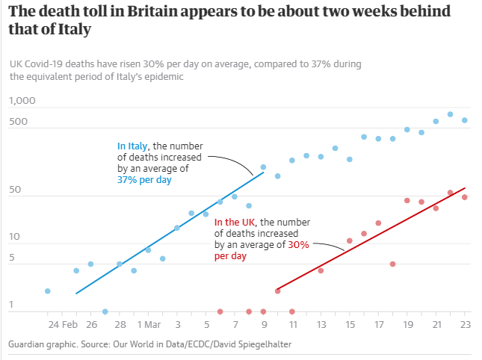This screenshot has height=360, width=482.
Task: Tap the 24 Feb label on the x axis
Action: point(62,325)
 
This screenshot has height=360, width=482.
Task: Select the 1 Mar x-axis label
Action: point(148,325)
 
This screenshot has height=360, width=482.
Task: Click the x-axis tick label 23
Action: point(464,325)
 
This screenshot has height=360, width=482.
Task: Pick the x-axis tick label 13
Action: point(321,325)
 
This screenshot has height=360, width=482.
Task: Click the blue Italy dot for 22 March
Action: point(450,114)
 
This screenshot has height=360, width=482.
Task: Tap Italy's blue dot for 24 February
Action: point(48,291)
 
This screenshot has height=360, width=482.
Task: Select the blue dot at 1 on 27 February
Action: point(105,311)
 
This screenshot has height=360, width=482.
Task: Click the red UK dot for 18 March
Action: point(392,264)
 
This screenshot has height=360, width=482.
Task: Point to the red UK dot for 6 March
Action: point(220,311)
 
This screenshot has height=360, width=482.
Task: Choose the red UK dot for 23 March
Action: point(464,197)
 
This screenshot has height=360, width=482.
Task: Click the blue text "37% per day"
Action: point(143,179)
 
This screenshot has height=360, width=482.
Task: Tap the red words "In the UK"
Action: point(235,223)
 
